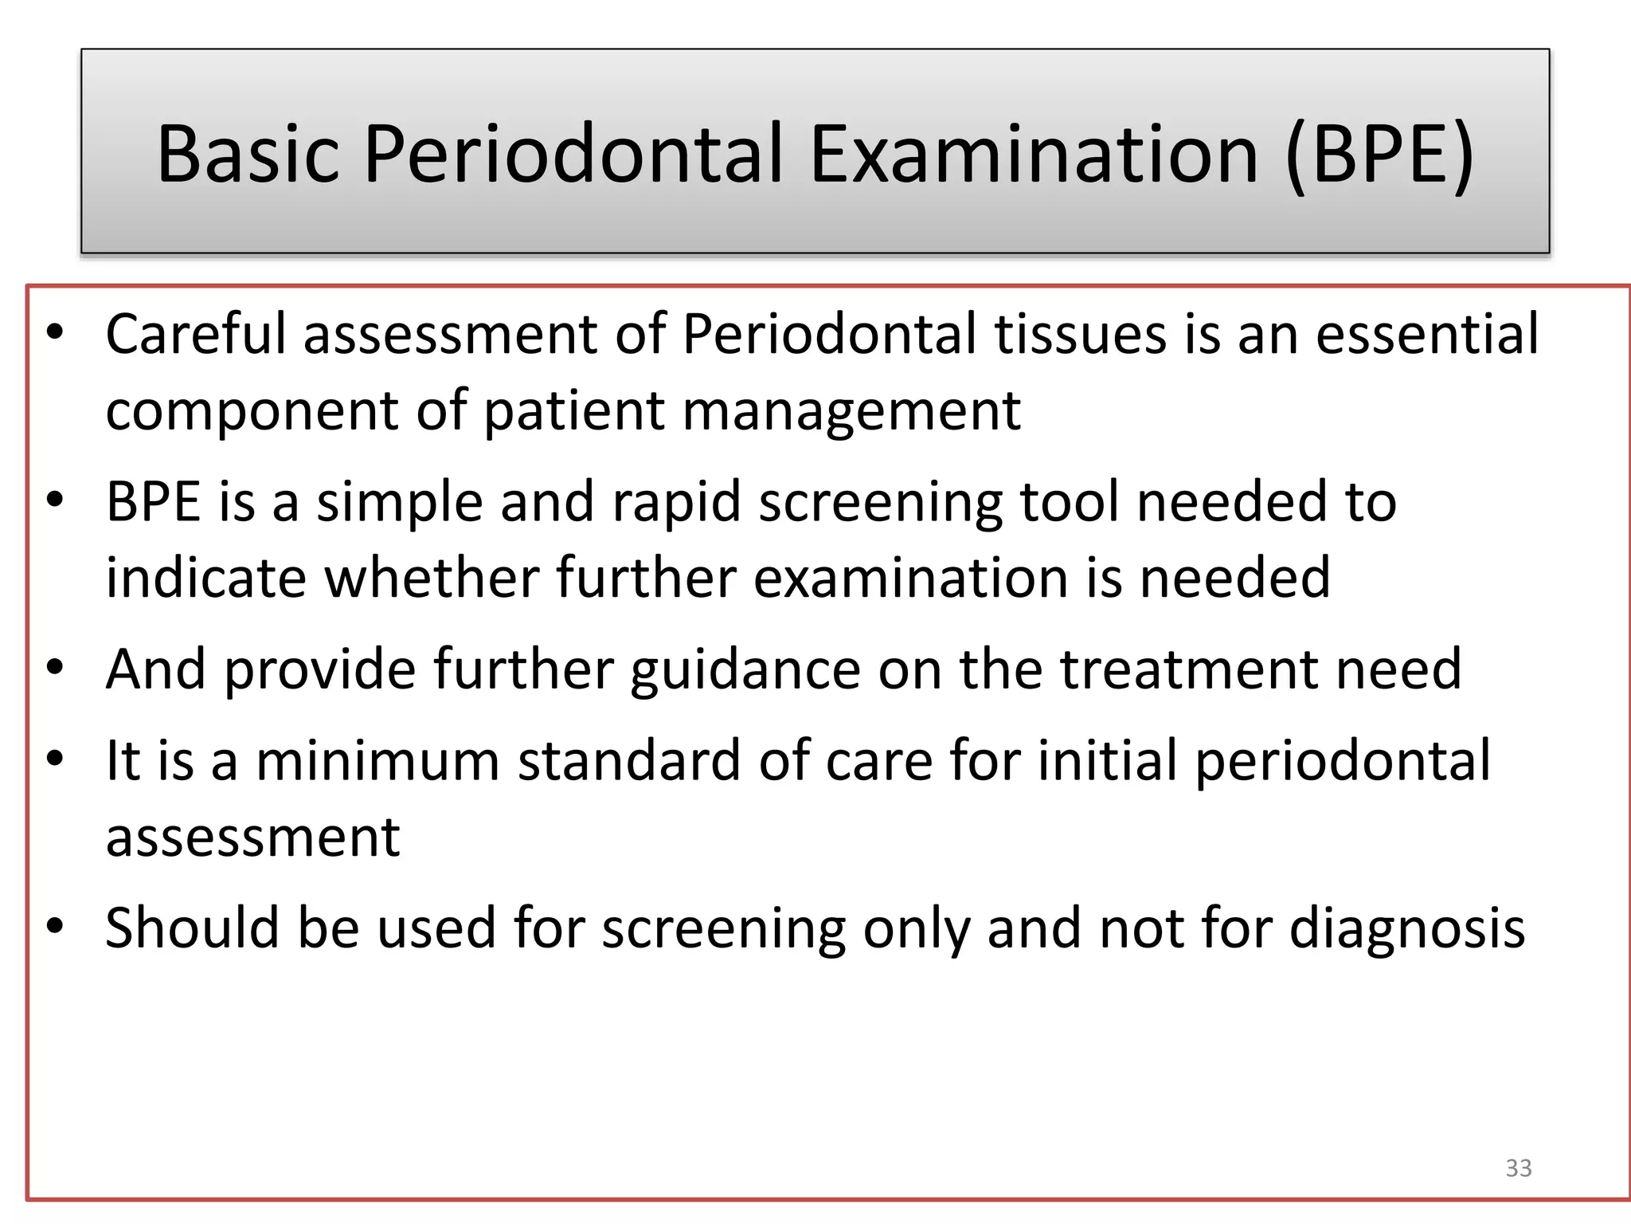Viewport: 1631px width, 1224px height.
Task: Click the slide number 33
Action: point(1518,1167)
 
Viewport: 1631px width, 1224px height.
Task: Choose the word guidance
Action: point(745,669)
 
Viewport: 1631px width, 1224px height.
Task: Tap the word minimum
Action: point(377,760)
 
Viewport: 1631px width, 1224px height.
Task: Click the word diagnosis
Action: point(1406,928)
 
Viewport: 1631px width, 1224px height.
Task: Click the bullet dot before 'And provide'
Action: point(54,668)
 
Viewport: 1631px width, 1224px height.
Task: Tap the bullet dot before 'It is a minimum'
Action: point(54,759)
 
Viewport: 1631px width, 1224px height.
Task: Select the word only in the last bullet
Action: point(916,928)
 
